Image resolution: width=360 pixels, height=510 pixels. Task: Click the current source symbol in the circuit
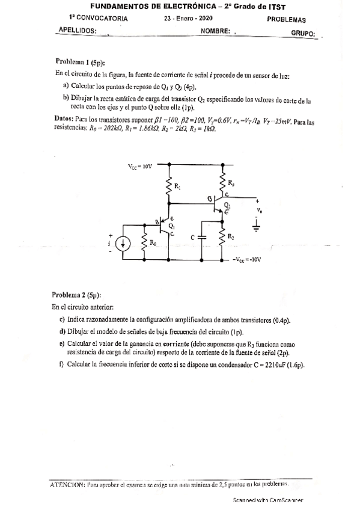(123, 243)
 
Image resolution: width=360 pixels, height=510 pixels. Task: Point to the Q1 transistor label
(171, 226)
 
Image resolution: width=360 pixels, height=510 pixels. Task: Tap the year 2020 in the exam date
(213, 18)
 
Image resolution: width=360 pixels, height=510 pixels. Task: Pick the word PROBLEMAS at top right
(286, 19)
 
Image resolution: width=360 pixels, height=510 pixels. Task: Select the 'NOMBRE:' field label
(215, 31)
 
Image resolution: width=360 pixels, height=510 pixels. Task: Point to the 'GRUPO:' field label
(304, 33)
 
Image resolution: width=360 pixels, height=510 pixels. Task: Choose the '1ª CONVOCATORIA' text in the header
(98, 18)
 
